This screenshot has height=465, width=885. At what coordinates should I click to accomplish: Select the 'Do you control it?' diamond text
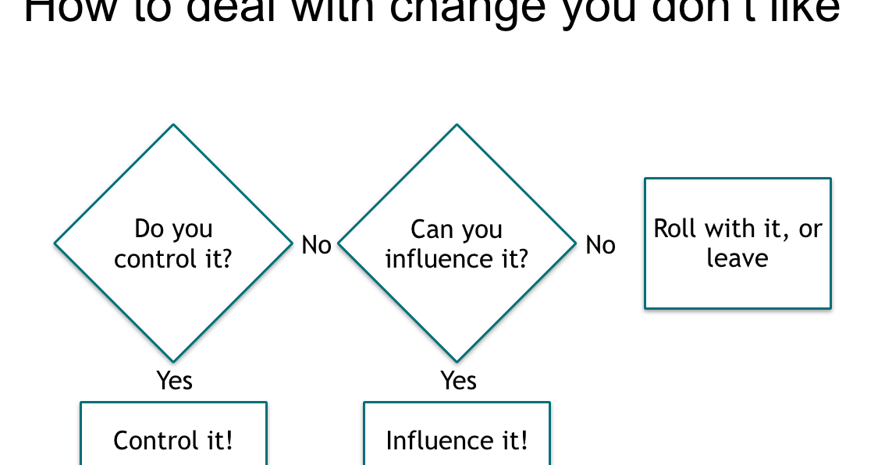(x=173, y=243)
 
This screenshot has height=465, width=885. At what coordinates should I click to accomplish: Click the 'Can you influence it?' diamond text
(x=457, y=243)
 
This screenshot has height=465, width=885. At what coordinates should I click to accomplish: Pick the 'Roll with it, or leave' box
(x=737, y=243)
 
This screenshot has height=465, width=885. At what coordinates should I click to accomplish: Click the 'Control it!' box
(x=173, y=440)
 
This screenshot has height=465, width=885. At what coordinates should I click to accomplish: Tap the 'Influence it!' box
(x=457, y=440)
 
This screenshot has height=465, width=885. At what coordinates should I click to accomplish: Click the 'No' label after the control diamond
(x=316, y=245)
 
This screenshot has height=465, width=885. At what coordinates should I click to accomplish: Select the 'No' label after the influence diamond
(x=600, y=245)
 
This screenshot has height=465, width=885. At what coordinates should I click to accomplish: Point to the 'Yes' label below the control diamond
(x=174, y=380)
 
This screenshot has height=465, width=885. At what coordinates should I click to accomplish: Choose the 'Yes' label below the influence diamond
(x=458, y=380)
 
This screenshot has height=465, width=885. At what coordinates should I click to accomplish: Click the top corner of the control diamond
(x=173, y=126)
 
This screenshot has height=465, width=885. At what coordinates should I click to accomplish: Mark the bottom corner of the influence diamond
(x=457, y=360)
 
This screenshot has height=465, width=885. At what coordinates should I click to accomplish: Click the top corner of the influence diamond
(x=457, y=126)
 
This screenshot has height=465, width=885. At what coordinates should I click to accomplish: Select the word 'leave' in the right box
(x=737, y=258)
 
